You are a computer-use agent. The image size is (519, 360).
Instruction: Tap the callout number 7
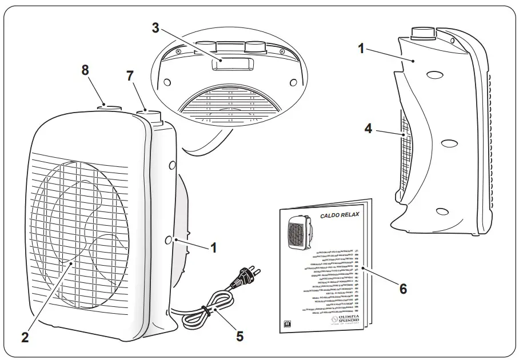[x=130, y=75]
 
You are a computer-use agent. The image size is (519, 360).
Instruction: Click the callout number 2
[x=25, y=337]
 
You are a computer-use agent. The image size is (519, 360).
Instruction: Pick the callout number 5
[x=239, y=336]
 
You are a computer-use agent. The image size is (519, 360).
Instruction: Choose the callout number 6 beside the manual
[x=403, y=289]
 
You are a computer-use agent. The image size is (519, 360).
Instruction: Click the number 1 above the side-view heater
[x=361, y=49]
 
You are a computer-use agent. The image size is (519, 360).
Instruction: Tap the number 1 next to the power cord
[x=213, y=248]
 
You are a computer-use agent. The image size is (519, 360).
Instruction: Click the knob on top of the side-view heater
[x=422, y=33]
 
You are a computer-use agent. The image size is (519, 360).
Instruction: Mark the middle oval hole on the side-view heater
[x=449, y=142]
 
